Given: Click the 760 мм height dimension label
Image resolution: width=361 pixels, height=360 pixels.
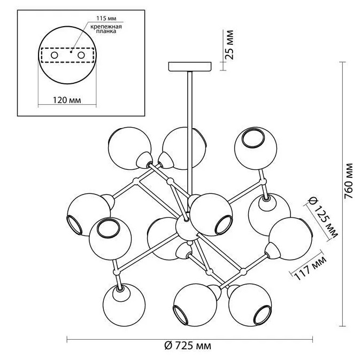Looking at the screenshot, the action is tap(348, 181).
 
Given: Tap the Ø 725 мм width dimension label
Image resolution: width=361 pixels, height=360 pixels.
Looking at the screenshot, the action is tap(188, 346).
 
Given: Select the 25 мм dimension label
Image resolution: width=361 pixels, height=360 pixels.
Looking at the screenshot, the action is tap(229, 45).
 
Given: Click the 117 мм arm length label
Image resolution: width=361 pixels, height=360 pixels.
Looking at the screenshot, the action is tap(310, 268).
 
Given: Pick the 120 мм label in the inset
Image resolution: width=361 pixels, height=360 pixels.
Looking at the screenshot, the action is tap(67, 100).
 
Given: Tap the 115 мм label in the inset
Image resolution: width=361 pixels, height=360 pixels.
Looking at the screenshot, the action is tap(106, 18).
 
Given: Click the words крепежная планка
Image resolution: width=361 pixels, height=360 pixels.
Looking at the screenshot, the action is tap(106, 29).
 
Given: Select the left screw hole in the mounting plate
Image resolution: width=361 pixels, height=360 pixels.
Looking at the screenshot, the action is tap(55, 55).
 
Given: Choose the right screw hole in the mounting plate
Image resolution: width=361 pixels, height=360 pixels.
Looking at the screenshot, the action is tap(81, 55).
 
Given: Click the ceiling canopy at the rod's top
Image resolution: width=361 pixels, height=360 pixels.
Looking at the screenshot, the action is tap(190, 67).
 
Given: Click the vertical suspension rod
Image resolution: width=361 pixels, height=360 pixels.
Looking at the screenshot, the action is tap(190, 134).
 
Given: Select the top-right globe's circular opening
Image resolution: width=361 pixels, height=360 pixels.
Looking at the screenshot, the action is tap(253, 138).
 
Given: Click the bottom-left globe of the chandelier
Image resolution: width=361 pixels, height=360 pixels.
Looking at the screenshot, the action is tap(124, 304).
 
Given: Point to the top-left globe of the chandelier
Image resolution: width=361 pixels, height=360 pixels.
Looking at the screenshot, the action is tap(129, 148).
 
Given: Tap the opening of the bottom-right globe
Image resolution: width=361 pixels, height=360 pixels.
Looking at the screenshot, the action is tap(263, 315).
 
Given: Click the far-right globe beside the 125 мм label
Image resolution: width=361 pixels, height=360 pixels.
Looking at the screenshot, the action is tap(290, 239).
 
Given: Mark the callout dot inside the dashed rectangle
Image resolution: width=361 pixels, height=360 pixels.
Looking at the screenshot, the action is tap(71, 52).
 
